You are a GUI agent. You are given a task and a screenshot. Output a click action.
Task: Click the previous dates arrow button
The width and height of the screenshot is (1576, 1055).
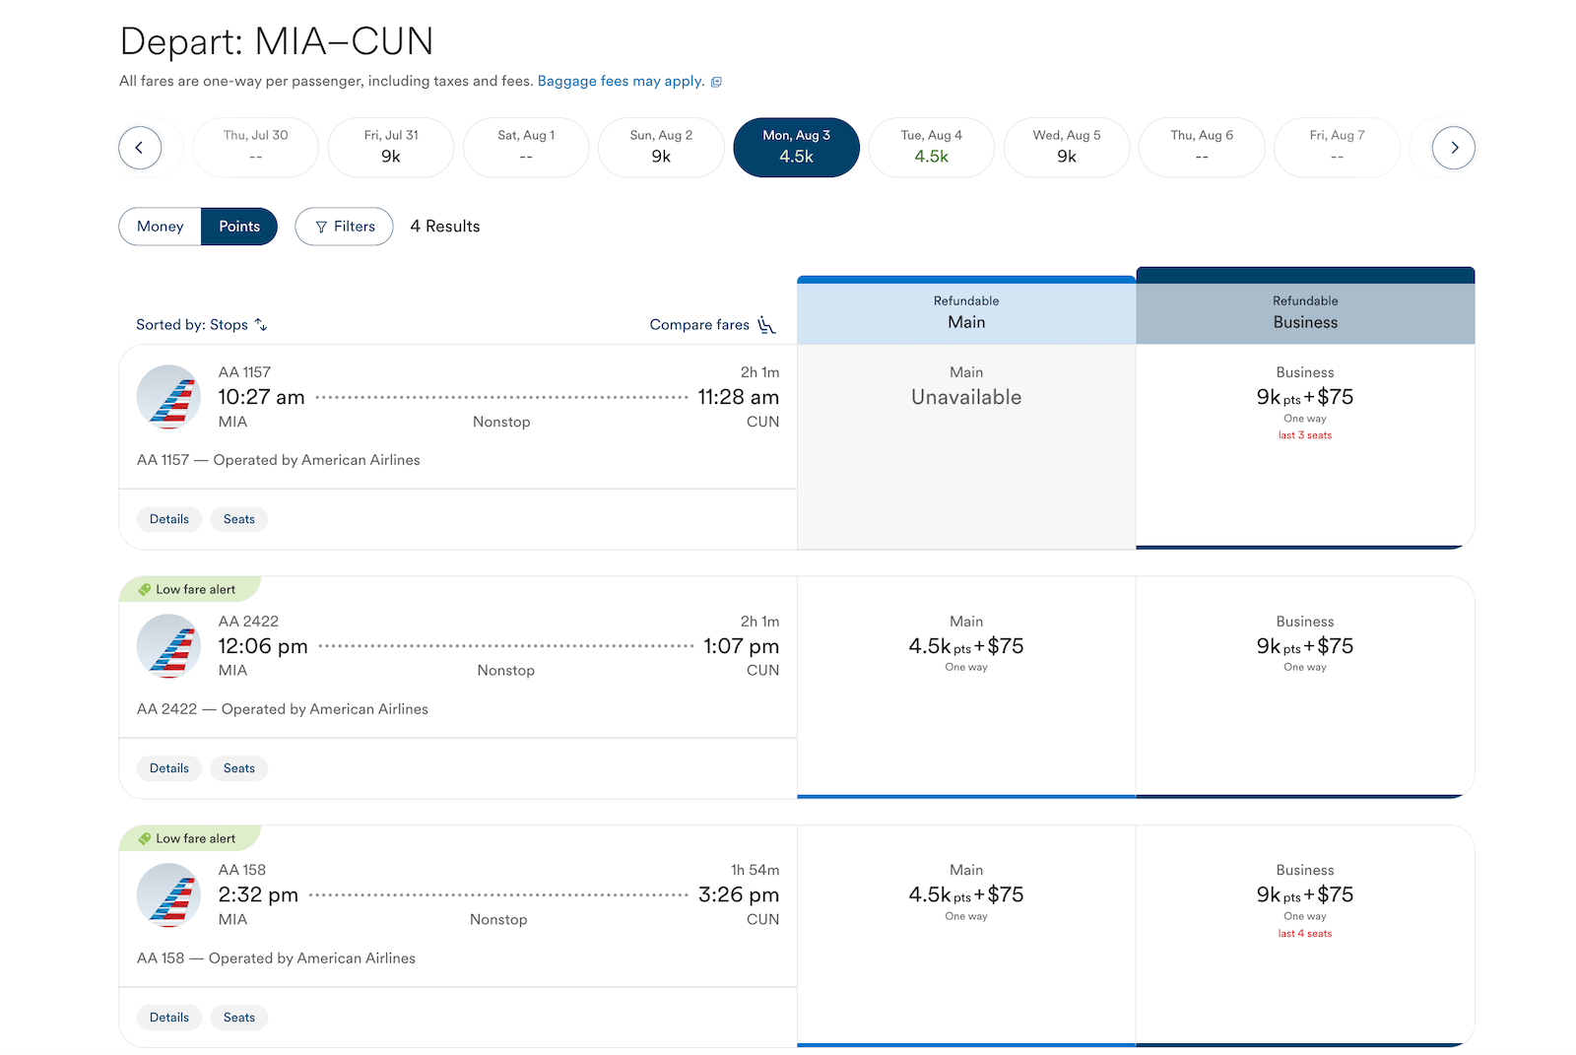[140, 148]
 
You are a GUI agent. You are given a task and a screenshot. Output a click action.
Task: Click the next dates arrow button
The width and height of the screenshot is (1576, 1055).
[1454, 148]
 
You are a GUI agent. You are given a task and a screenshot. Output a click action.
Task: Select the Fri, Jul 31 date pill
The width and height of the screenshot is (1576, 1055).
[391, 147]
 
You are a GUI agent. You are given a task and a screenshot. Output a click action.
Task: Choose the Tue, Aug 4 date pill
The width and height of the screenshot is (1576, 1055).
[932, 147]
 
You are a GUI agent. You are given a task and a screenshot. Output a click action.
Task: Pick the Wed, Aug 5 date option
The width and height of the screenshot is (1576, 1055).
[1067, 147]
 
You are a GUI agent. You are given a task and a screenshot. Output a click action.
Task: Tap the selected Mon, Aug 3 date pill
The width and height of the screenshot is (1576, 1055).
[797, 147]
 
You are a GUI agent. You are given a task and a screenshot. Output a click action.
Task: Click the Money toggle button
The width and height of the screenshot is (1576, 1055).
[161, 227]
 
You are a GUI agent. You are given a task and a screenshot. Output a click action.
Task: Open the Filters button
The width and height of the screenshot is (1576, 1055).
[344, 227]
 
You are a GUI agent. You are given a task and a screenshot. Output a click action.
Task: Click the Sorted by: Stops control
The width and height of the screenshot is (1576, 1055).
[201, 324]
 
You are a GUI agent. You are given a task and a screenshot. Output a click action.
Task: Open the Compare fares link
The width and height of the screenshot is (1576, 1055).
[712, 324]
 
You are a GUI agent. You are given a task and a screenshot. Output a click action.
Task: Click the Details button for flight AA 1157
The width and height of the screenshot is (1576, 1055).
[168, 519]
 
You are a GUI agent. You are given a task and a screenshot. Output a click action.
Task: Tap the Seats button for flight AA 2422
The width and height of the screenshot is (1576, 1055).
[239, 768]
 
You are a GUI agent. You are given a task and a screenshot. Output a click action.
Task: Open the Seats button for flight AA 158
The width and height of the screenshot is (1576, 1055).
[239, 1018]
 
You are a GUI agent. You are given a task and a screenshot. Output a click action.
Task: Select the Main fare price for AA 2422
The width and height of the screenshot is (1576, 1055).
[966, 646]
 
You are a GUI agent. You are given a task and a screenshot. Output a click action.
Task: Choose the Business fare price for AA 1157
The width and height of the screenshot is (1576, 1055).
[1305, 397]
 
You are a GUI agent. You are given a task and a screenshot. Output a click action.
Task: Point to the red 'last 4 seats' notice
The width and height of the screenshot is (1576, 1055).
[1305, 934]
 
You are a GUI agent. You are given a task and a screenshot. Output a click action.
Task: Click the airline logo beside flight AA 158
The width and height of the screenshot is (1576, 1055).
[168, 895]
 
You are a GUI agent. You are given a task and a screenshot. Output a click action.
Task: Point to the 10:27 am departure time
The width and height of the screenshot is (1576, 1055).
[261, 397]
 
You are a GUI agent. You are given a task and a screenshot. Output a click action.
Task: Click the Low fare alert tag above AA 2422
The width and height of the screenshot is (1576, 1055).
[188, 590]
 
